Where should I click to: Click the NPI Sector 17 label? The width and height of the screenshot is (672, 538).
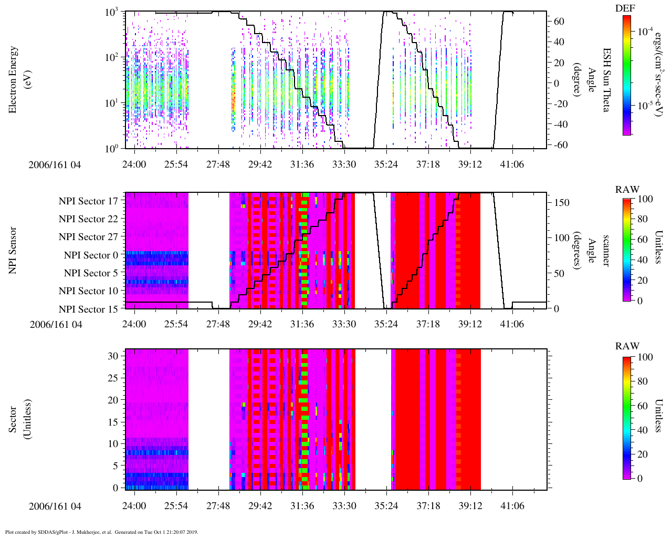point(88,201)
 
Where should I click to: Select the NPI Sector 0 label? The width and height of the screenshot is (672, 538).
point(91,255)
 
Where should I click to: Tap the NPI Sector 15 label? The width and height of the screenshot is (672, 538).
point(88,309)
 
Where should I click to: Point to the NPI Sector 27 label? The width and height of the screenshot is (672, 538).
point(88,237)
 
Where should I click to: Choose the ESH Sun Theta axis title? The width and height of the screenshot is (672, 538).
point(606,79)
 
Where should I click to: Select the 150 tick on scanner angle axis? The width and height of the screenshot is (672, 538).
point(562,202)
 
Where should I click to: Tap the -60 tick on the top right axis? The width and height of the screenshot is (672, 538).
point(560,145)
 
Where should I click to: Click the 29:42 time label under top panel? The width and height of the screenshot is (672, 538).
point(260,164)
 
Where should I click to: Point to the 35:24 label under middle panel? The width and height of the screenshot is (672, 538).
point(386,324)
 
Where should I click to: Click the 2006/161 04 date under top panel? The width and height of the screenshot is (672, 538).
point(55,164)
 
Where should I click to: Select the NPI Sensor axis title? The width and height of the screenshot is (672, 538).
point(13,250)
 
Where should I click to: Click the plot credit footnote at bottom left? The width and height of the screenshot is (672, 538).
point(101,532)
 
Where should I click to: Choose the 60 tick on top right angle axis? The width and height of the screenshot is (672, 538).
point(559,22)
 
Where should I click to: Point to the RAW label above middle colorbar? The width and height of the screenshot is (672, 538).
point(627,190)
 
